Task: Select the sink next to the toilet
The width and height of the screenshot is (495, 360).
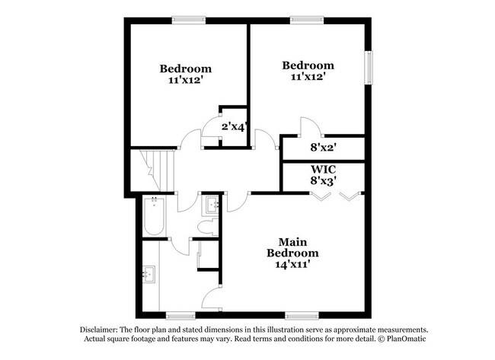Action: (x=211, y=205)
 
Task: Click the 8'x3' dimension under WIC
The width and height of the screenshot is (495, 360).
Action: (x=323, y=181)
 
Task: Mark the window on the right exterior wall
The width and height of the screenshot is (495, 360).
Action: (x=370, y=68)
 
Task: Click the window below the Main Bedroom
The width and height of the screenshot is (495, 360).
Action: (x=302, y=314)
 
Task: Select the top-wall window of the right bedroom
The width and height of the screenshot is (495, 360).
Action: (x=307, y=21)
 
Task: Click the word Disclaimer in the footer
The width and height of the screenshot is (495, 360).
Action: (x=101, y=328)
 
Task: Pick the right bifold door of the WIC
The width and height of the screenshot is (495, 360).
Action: (x=348, y=196)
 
